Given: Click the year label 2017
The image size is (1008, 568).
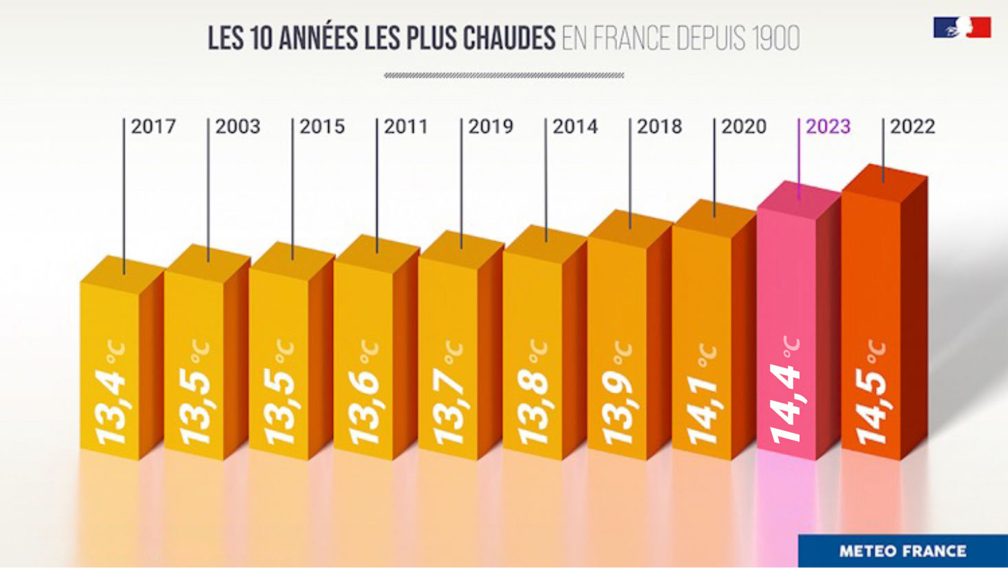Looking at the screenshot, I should point(153,127).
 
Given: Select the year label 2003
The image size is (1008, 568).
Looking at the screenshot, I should point(237,127).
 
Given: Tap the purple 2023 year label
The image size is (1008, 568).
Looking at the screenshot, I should point(828,127).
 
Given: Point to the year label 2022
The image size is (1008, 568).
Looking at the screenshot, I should point(912,127).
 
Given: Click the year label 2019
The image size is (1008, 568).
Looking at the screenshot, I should point(491,127).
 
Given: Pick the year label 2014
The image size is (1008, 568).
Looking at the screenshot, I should point(575,127).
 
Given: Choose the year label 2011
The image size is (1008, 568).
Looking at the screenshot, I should point(406,127).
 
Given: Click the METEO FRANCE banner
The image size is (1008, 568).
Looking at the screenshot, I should point(902,551).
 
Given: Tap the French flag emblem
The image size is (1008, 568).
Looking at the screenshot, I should point(962,28).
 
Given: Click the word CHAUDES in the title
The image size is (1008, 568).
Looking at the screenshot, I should point(509,39).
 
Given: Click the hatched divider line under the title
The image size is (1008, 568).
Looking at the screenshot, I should point(504,75).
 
